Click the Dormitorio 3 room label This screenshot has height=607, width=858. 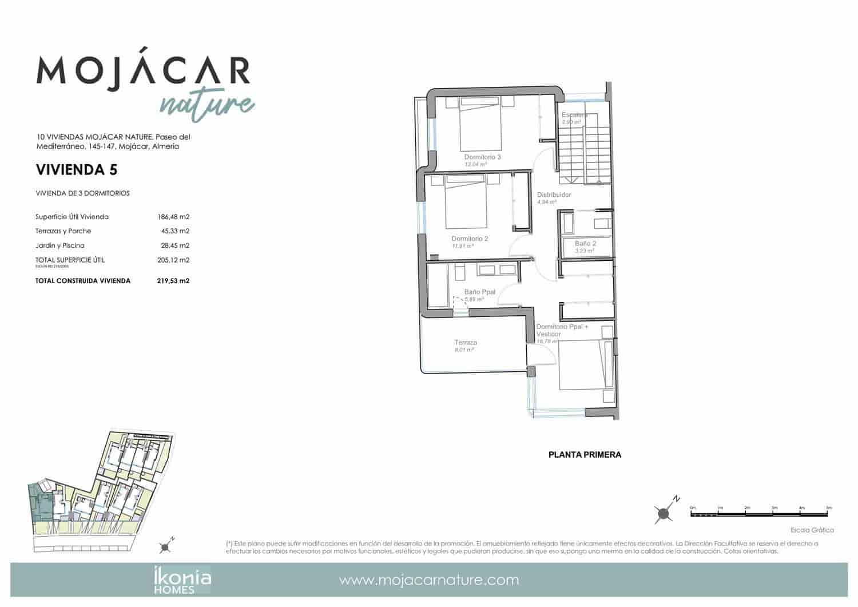(x=482, y=157)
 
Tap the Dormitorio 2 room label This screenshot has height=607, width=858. (x=470, y=239)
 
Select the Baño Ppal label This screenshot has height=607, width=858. (x=479, y=292)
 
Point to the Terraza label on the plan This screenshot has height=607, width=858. (x=466, y=343)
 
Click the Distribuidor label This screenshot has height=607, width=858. (x=554, y=195)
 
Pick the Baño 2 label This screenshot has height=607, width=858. (x=585, y=243)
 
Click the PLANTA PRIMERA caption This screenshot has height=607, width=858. (x=585, y=455)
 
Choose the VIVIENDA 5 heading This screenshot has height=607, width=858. (x=77, y=169)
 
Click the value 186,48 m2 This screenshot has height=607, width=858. (x=173, y=217)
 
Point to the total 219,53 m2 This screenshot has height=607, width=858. (x=173, y=281)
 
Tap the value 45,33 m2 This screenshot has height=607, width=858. (x=175, y=231)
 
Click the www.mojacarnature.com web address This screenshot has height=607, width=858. (x=429, y=580)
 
